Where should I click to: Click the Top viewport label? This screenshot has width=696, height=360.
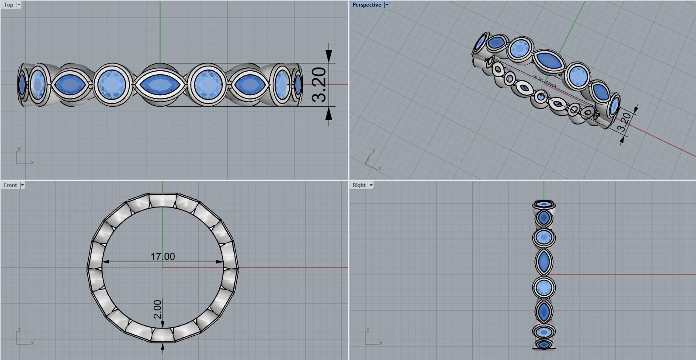[x=8, y=5]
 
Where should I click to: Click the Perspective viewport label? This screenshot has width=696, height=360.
[x=367, y=5]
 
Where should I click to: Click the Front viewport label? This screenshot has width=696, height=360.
[x=10, y=185]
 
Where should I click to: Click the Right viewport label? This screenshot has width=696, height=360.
[x=359, y=185]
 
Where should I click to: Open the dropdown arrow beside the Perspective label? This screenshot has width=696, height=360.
[x=387, y=5]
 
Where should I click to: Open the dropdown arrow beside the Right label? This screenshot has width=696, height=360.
[x=371, y=185]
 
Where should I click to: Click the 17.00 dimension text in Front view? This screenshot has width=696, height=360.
[x=163, y=256]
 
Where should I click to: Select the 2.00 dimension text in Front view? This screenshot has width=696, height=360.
[x=157, y=309]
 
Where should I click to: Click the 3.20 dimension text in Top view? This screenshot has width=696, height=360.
[x=320, y=84]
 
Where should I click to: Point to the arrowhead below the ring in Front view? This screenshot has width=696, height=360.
[x=163, y=347]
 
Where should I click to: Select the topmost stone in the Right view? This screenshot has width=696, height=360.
[x=544, y=204]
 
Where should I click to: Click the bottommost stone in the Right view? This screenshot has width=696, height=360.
[x=544, y=345]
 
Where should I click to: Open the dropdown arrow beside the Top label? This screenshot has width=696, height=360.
[x=18, y=5]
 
